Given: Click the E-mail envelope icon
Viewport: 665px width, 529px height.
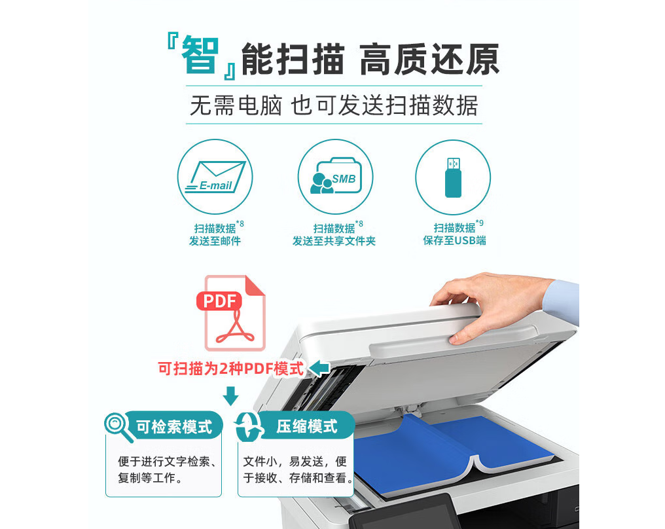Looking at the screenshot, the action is pyautogui.click(x=215, y=177).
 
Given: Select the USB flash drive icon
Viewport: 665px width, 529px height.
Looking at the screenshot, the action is pyautogui.click(x=453, y=177).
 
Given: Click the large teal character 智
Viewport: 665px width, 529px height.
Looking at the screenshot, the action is pyautogui.click(x=200, y=55).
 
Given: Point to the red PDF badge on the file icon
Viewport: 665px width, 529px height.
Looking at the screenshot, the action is pyautogui.click(x=219, y=301).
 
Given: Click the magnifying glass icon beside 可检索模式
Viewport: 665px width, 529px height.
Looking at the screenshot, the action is pyautogui.click(x=118, y=427).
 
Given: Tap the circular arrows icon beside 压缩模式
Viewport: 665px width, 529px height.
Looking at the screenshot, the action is pyautogui.click(x=249, y=427).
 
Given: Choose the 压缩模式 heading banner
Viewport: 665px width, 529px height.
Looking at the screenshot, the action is pyautogui.click(x=306, y=426).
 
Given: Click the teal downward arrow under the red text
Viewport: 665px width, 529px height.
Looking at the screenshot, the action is pyautogui.click(x=230, y=395).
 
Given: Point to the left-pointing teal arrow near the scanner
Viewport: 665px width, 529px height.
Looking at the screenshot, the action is pyautogui.click(x=319, y=368).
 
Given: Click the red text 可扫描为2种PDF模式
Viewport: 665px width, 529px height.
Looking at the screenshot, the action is pyautogui.click(x=231, y=368).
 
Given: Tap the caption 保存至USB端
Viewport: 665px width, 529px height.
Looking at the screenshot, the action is pyautogui.click(x=455, y=240).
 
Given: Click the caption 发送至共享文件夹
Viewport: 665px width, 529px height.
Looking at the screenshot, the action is pyautogui.click(x=334, y=241).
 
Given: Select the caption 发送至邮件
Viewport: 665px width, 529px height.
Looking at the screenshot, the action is pyautogui.click(x=215, y=241).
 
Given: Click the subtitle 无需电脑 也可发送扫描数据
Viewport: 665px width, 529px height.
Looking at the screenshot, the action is pyautogui.click(x=334, y=105).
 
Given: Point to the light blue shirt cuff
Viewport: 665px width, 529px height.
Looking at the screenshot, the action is pyautogui.click(x=562, y=301).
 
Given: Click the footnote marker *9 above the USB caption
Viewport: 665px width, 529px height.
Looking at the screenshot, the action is pyautogui.click(x=480, y=223).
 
